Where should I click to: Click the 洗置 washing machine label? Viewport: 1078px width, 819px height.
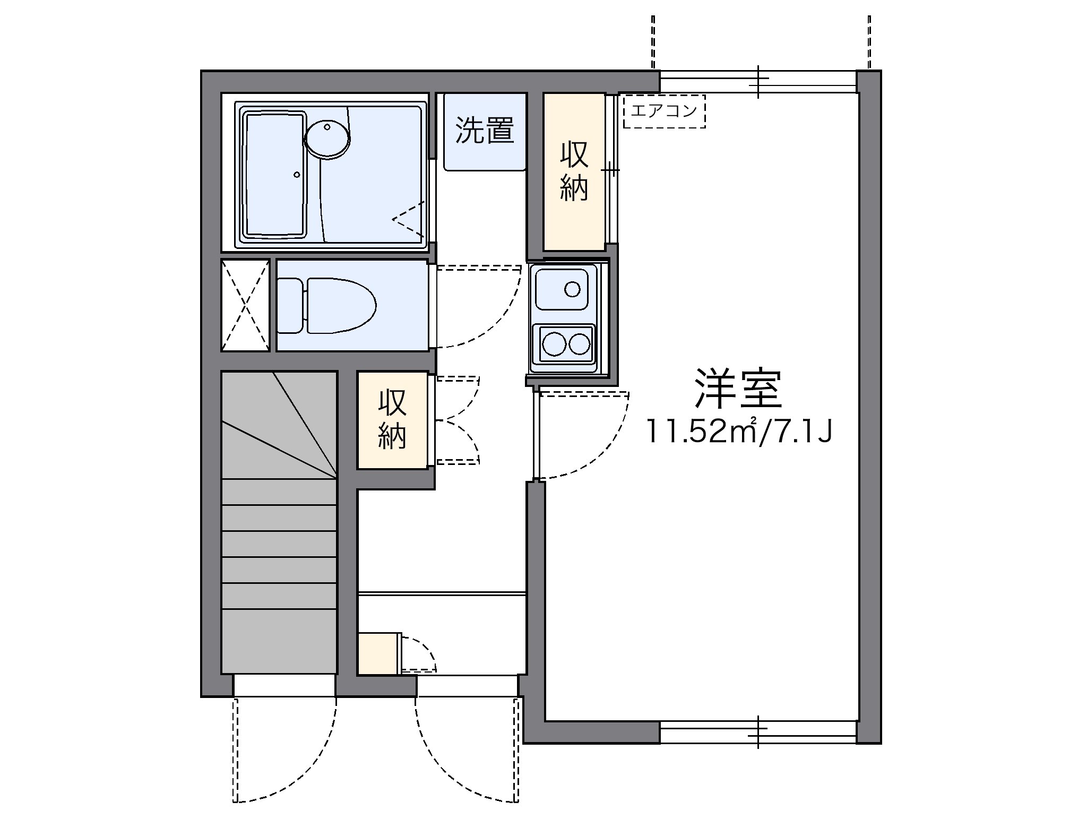(485, 130)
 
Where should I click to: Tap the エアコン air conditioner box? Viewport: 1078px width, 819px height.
(664, 111)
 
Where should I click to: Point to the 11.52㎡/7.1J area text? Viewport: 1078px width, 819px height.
(738, 431)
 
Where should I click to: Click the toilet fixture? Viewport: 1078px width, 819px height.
(334, 305)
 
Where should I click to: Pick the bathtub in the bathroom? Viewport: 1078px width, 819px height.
(274, 174)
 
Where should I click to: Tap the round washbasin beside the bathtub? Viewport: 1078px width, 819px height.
(327, 137)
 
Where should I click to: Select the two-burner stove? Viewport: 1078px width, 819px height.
(566, 344)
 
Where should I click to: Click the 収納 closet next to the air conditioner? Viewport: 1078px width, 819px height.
(574, 171)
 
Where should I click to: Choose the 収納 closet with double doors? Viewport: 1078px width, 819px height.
(392, 420)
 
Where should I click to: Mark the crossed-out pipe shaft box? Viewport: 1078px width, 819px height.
(245, 305)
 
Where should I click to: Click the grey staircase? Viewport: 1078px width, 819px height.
(279, 523)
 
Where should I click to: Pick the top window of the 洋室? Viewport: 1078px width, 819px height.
(758, 82)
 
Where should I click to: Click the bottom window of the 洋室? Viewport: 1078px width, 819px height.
(758, 732)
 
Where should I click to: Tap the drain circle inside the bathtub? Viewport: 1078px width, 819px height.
(297, 174)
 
